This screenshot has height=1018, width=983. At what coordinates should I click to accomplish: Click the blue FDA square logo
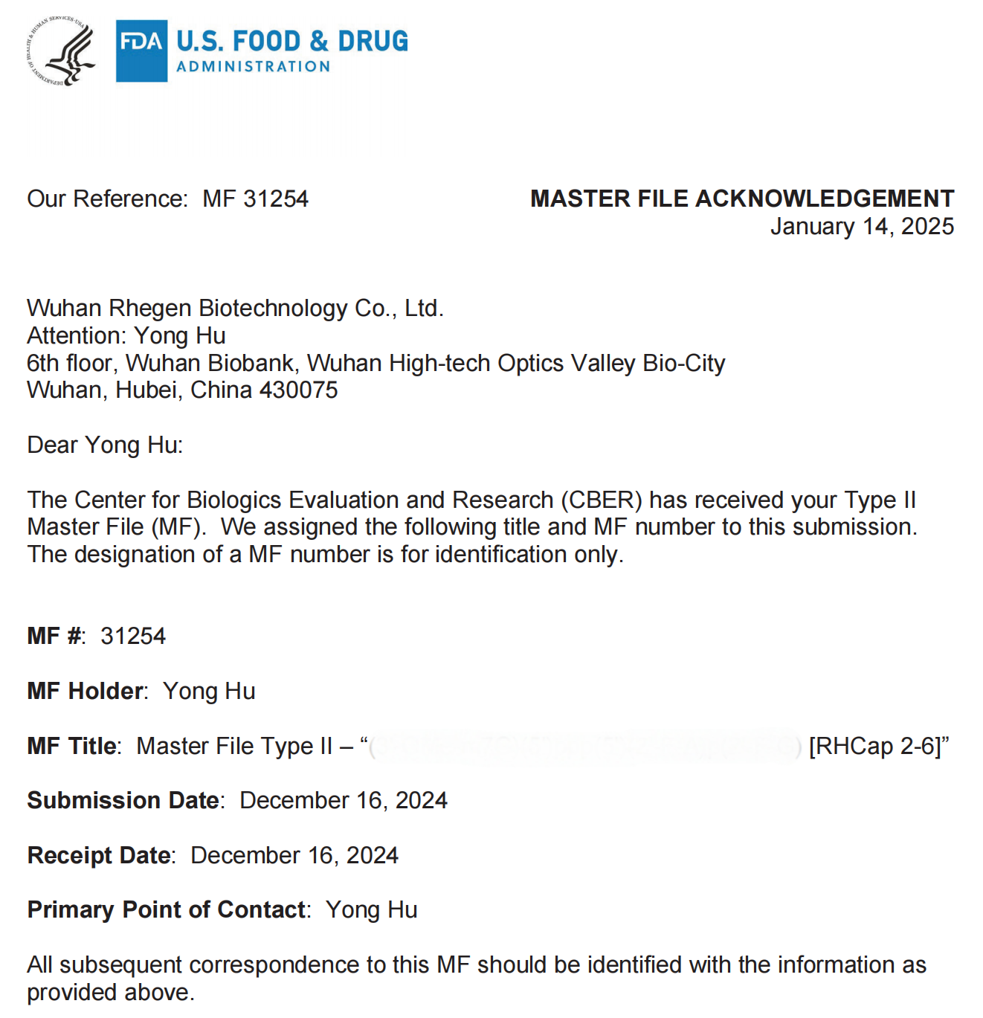click(x=141, y=51)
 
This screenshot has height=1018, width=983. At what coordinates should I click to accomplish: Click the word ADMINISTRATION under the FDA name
click(x=254, y=67)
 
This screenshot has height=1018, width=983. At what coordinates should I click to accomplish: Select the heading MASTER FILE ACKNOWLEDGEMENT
click(x=741, y=199)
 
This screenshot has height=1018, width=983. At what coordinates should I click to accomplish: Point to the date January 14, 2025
click(x=862, y=226)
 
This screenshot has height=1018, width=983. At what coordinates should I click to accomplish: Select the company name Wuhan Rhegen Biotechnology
click(x=186, y=308)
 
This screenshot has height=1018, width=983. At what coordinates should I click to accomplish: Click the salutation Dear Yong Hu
click(x=105, y=445)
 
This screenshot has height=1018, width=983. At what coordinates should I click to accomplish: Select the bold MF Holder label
click(x=86, y=691)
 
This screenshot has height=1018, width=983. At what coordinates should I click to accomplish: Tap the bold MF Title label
click(x=72, y=746)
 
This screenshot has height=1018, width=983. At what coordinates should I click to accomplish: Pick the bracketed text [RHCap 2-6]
click(x=875, y=746)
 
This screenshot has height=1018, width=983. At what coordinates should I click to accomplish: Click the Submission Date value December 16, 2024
click(x=344, y=800)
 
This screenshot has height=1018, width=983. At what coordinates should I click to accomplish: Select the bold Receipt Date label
click(x=100, y=855)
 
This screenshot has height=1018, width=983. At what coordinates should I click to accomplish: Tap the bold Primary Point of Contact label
click(x=167, y=909)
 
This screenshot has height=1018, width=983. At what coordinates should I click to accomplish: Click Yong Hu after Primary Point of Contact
click(x=372, y=909)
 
